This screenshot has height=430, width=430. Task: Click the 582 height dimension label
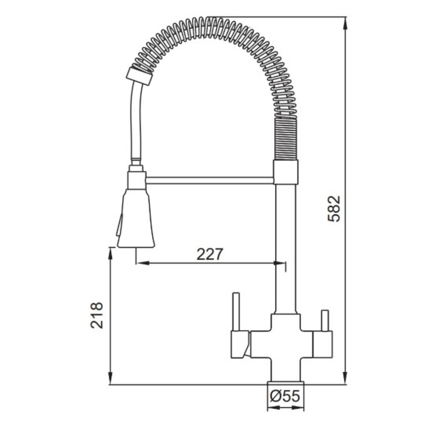tap(334, 209)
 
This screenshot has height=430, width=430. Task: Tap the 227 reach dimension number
tap(210, 255)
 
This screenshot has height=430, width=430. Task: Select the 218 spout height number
tap(96, 315)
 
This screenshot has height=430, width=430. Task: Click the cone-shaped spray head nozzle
tap(136, 218)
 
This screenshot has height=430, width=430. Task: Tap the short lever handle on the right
tap(325, 321)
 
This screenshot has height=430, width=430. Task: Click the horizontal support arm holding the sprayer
tap(209, 180)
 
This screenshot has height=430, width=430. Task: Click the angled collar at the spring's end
tap(139, 76)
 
